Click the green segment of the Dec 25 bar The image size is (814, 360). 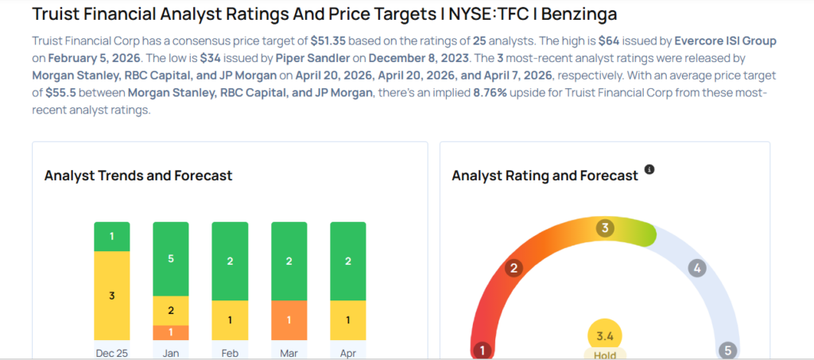111,236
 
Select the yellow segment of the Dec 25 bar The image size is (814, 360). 111,295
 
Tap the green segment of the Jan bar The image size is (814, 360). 171,257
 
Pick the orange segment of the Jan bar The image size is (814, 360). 171,332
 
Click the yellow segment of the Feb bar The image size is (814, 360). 230,320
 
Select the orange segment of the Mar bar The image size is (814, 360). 289,320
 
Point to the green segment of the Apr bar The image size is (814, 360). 347,261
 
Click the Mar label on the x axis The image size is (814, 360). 289,353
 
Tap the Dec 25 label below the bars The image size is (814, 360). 111,353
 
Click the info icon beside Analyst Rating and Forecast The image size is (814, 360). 649,170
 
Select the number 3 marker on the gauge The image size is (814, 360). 605,229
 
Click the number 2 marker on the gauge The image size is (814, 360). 514,268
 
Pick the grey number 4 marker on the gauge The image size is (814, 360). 696,268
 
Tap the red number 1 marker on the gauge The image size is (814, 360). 481,350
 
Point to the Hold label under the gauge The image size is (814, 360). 605,355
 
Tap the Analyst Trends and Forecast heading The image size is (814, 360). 138,176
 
